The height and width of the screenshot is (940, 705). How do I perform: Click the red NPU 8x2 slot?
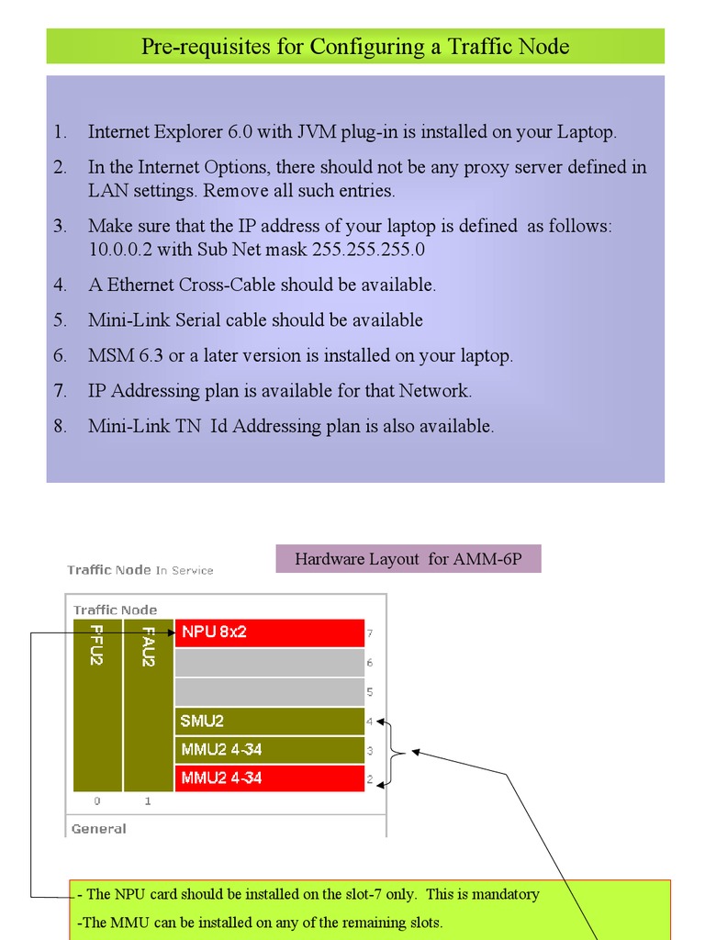pyautogui.click(x=269, y=632)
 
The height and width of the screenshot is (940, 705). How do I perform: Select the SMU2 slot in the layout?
pyautogui.click(x=269, y=721)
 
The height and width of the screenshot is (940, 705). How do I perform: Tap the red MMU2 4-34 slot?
pyautogui.click(x=269, y=778)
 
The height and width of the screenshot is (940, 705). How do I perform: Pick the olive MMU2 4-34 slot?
pyautogui.click(x=269, y=749)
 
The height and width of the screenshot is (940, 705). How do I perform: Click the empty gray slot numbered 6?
pyautogui.click(x=269, y=662)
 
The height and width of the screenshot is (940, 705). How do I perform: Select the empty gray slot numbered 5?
pyautogui.click(x=269, y=691)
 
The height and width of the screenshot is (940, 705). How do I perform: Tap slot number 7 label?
pyautogui.click(x=369, y=633)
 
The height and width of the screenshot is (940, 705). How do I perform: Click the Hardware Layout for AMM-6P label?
pyautogui.click(x=408, y=559)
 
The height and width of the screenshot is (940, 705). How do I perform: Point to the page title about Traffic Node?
pyautogui.click(x=355, y=47)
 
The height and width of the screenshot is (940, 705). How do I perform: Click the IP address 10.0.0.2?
pyautogui.click(x=120, y=250)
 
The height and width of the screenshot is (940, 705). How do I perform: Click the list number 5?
pyautogui.click(x=60, y=320)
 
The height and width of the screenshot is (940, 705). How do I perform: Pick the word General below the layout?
pyautogui.click(x=98, y=829)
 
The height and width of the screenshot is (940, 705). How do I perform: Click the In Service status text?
pyautogui.click(x=185, y=571)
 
